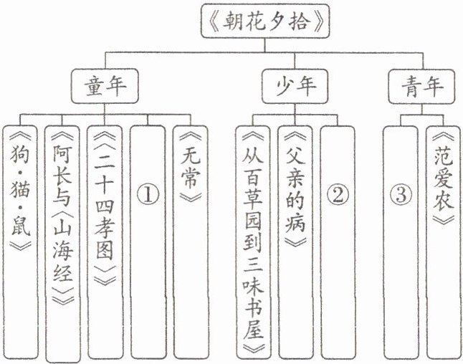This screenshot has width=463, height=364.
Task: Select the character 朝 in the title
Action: tap(245, 23)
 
